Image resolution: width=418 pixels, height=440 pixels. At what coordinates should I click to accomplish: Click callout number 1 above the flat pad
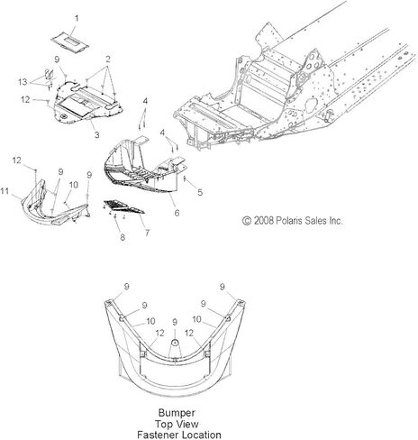pyautogui.click(x=77, y=19)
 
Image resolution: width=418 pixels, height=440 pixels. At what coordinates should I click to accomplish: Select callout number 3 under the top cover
pyautogui.click(x=96, y=134)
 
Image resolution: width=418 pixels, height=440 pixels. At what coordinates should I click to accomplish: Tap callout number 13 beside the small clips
pyautogui.click(x=23, y=82)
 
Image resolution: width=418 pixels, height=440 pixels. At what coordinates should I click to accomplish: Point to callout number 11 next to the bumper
pyautogui.click(x=5, y=191)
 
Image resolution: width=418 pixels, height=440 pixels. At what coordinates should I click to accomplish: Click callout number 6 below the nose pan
pyautogui.click(x=177, y=213)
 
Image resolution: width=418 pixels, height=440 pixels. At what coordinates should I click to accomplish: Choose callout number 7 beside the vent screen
pyautogui.click(x=147, y=233)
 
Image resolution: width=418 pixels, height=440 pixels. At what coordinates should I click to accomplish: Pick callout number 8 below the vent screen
pyautogui.click(x=123, y=237)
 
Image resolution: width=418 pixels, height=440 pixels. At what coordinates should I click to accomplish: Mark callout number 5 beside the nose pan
pyautogui.click(x=200, y=192)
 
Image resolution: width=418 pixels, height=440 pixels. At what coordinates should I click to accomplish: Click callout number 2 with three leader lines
pyautogui.click(x=108, y=59)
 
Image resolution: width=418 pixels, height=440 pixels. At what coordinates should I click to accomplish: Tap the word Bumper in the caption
pyautogui.click(x=177, y=413)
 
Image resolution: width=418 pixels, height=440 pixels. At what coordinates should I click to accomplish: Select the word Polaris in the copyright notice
pyautogui.click(x=290, y=221)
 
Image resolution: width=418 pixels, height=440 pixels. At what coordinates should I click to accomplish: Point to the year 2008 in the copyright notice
pyautogui.click(x=264, y=221)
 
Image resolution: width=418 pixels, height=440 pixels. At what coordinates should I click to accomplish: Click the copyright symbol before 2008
pyautogui.click(x=247, y=221)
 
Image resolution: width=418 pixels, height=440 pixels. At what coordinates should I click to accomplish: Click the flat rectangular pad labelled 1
pyautogui.click(x=70, y=42)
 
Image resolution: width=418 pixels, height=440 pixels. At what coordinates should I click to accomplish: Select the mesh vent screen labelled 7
pyautogui.click(x=123, y=206)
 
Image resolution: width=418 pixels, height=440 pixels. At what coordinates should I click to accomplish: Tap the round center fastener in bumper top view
pyautogui.click(x=175, y=343)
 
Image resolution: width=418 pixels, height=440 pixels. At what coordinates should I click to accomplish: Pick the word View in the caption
pyautogui.click(x=187, y=424)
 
